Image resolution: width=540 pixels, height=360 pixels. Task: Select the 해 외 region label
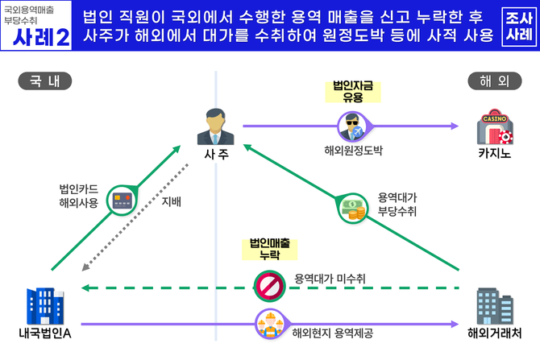click(493, 81)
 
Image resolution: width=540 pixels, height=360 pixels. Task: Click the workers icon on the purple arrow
click(268, 322)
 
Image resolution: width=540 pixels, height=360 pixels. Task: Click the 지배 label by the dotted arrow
click(172, 201)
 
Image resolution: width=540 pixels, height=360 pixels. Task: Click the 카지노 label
click(493, 152)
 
